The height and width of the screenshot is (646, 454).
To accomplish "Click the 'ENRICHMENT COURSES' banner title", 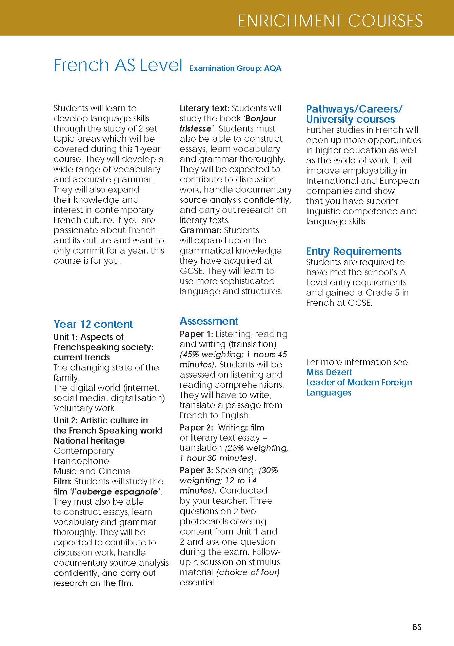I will (330, 21).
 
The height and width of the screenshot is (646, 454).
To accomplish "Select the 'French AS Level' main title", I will (118, 65).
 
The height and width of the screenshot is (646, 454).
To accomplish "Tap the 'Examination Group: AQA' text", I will (235, 68).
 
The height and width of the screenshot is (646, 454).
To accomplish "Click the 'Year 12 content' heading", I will (93, 324).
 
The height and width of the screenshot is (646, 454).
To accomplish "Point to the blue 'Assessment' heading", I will (209, 321).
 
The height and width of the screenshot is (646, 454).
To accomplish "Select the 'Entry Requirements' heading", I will (354, 251).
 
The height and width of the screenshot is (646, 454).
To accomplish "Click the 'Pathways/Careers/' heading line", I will (354, 109).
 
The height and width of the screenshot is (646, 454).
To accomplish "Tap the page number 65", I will (417, 627).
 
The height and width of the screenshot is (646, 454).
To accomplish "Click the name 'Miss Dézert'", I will (329, 372).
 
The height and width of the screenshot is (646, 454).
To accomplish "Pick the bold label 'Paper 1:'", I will (196, 334).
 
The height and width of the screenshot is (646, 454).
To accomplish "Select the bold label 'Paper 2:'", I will (196, 427).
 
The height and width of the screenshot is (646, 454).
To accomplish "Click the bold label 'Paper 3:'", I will (196, 470).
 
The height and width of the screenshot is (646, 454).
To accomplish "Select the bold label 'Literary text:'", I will (204, 108).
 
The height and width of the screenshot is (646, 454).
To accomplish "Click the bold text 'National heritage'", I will (89, 441).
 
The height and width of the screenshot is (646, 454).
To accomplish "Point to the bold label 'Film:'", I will (63, 481).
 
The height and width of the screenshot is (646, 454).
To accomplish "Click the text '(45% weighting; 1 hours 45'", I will (233, 354).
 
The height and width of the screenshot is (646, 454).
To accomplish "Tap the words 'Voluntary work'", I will (84, 408).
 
